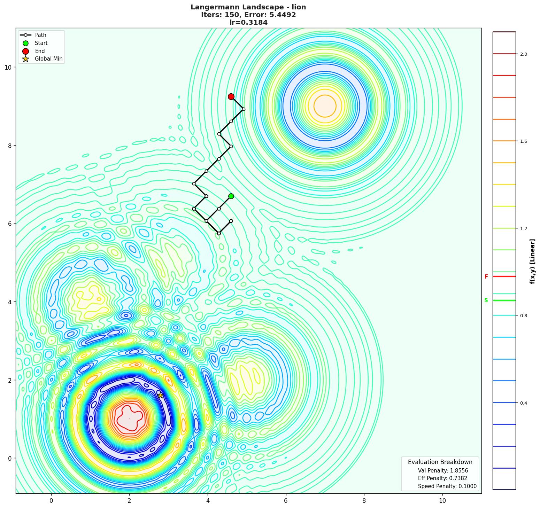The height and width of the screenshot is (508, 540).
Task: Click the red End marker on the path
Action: (231, 97)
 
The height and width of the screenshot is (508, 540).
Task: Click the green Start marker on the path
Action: (231, 196)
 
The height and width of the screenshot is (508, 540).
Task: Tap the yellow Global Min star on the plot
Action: (160, 395)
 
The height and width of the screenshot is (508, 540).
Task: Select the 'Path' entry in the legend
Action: (40, 35)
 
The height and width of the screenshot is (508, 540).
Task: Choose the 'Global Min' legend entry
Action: (48, 59)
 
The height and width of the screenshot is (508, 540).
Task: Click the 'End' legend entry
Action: (40, 51)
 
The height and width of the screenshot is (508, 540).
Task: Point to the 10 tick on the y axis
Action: (8, 67)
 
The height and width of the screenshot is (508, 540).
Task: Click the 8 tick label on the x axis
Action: (364, 501)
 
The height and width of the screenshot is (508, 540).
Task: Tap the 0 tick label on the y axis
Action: (9, 458)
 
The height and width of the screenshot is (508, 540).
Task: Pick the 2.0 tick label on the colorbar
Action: (523, 54)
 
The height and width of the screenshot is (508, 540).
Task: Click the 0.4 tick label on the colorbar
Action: (523, 403)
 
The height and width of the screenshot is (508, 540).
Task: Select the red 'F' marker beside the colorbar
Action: (486, 277)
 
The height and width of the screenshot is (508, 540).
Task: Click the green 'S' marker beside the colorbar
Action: (486, 300)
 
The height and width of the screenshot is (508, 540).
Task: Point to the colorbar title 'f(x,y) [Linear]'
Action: (532, 261)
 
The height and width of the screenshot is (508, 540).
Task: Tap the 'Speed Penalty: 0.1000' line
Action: (447, 486)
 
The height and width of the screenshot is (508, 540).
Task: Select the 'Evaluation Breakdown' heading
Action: (440, 462)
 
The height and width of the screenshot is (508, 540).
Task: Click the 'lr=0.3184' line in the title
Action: (248, 23)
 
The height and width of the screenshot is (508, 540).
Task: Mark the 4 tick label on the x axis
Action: (208, 501)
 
